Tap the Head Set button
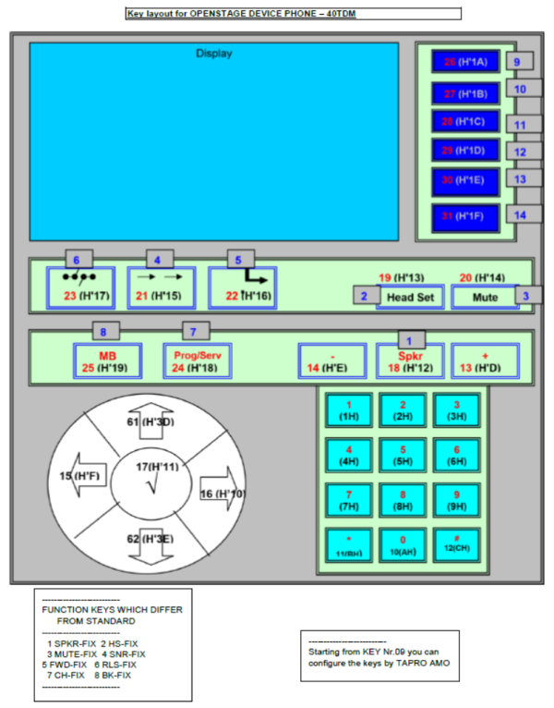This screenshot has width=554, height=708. point(410,297)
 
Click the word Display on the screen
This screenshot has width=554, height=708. point(213,54)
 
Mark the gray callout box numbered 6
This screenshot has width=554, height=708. point(78,260)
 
